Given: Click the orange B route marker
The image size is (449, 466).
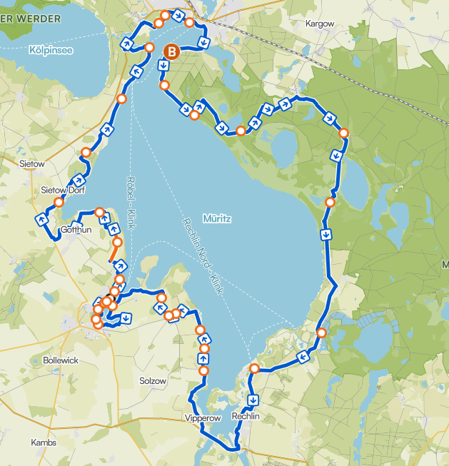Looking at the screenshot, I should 171,51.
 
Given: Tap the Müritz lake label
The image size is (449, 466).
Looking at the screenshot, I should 216,220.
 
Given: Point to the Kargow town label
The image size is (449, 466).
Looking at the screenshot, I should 319,24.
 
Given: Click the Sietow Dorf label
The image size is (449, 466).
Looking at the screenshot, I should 63,190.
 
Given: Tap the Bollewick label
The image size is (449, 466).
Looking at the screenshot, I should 61,360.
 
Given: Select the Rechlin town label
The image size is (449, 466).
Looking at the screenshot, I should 249,417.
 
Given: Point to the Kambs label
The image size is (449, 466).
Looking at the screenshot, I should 44,442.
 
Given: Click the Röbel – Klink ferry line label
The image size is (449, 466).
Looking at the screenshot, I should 131,202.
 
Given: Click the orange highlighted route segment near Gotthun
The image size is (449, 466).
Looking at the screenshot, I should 113,251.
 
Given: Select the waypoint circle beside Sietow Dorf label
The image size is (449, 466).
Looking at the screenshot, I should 59,203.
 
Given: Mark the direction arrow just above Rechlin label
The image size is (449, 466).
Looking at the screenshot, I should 253,399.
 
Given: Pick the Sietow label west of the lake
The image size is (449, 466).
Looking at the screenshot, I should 33,164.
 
